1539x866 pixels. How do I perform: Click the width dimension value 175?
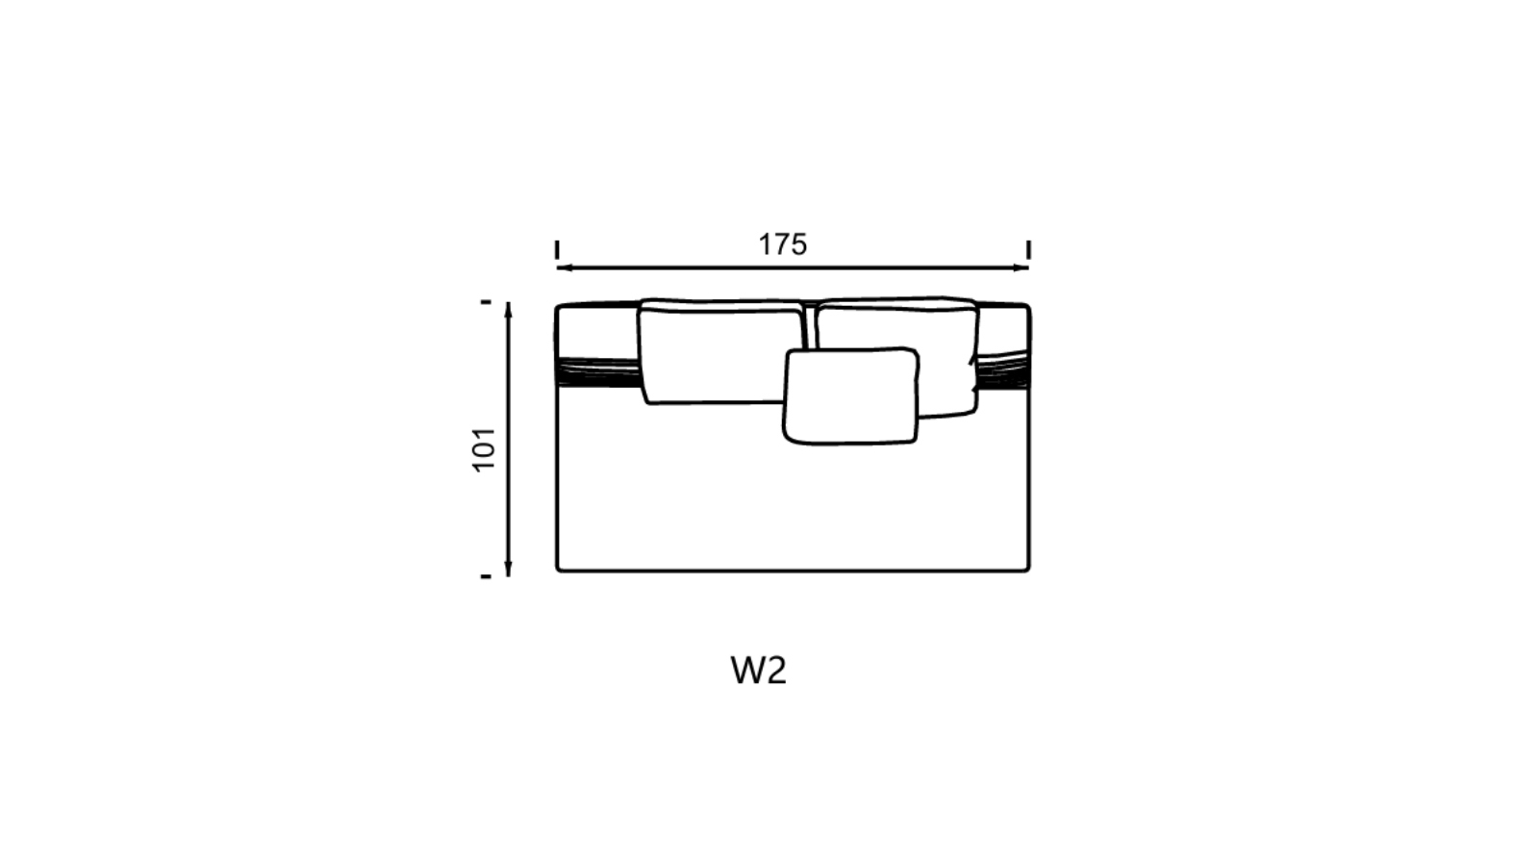[x=783, y=244]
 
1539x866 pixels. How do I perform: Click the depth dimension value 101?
[x=485, y=449]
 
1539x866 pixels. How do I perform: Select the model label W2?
[x=759, y=671]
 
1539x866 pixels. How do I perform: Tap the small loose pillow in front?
[x=850, y=395]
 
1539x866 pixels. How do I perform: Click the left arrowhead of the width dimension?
[x=562, y=267]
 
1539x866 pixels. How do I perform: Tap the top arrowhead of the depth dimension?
[x=509, y=309]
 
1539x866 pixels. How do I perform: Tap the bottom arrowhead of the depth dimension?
[x=509, y=569]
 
